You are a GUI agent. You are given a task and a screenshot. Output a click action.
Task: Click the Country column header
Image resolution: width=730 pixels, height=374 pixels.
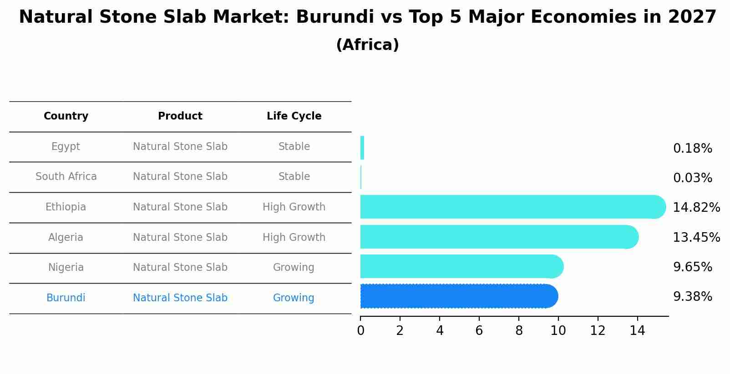coord(66,116)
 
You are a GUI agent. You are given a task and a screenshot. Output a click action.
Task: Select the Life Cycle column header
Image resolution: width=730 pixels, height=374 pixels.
coord(294,116)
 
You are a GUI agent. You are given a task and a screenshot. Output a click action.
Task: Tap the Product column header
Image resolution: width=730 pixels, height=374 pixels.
coord(180,116)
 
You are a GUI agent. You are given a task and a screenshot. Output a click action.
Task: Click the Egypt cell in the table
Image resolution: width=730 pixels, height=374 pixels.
coord(66,147)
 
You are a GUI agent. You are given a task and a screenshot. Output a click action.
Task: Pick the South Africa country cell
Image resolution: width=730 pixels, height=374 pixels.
coord(66,177)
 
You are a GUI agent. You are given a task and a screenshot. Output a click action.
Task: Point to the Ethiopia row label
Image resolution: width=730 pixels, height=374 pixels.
coord(66,207)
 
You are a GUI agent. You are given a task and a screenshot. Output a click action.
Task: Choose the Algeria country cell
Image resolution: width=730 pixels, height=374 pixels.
coord(66,238)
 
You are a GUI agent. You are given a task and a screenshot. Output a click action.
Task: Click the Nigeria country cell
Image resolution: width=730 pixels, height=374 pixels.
coord(66,268)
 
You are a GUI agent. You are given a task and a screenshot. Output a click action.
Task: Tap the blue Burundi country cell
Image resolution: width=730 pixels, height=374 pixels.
coord(66,298)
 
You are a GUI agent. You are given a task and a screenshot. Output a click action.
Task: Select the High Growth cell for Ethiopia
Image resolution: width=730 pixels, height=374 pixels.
coord(294,207)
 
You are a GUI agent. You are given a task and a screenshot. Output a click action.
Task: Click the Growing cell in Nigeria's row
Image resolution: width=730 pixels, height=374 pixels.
coord(294,268)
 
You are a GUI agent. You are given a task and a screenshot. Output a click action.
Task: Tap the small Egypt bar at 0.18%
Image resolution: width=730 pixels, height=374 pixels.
coord(362,148)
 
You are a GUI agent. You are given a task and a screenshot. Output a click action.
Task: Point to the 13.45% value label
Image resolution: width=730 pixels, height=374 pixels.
coord(696,238)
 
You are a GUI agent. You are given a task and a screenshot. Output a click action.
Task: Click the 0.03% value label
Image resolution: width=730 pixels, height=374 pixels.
coord(693,178)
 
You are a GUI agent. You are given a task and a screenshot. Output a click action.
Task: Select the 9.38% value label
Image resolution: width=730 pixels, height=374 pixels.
coord(693,297)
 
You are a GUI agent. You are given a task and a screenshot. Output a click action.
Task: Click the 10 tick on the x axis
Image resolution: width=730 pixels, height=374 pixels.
coord(558,331)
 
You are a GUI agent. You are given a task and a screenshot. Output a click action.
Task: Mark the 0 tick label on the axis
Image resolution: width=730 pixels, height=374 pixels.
coord(360,331)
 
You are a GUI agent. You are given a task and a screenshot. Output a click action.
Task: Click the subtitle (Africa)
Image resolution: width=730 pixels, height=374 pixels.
coord(367,45)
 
